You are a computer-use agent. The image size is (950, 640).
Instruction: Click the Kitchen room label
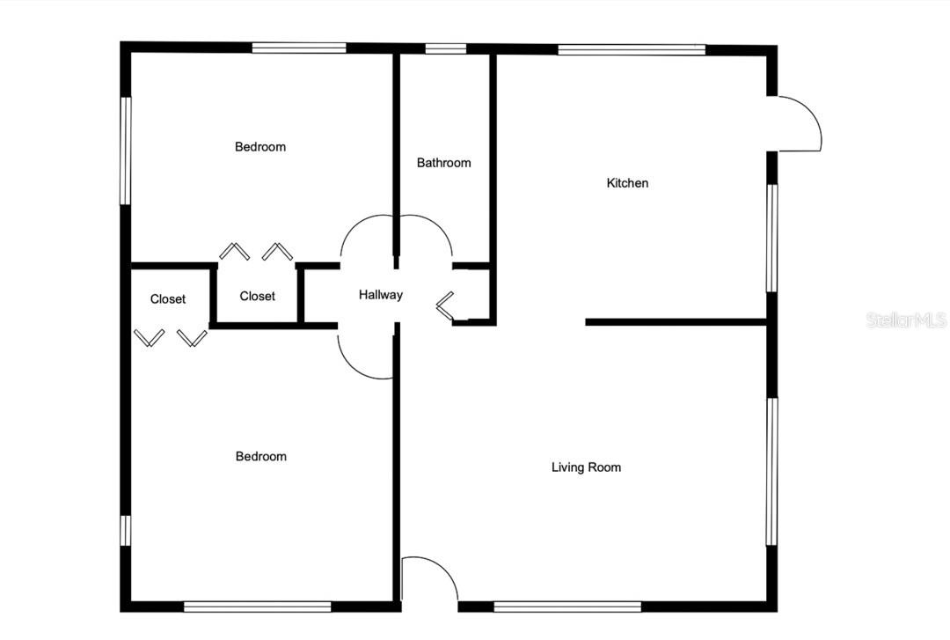[627, 182]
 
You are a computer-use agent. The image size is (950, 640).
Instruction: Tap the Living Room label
[586, 467]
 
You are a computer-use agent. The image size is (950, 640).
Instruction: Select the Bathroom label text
[443, 163]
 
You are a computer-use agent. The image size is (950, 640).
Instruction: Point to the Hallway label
[381, 295]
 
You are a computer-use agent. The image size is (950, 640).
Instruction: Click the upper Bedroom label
[259, 147]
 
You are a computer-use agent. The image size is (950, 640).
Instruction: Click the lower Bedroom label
[260, 456]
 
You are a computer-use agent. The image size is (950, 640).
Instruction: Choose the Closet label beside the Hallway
[257, 296]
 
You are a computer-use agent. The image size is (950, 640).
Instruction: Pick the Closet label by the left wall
[168, 299]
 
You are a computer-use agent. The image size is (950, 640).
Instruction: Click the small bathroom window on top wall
[445, 48]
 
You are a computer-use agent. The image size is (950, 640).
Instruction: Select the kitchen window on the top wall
[632, 50]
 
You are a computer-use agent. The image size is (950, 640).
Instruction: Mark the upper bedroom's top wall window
[299, 48]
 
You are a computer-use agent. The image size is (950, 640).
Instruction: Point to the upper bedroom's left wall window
[126, 151]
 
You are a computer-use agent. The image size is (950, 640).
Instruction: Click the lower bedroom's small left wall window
[126, 531]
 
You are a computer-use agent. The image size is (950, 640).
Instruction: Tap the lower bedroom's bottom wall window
[258, 607]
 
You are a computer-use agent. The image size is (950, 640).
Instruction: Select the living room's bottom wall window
[567, 607]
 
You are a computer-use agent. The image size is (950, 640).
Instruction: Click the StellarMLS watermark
[906, 320]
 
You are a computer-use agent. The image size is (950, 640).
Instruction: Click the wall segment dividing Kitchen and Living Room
[676, 322]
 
